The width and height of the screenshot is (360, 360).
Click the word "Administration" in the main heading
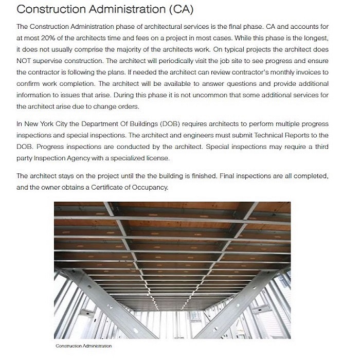(x=124, y=10)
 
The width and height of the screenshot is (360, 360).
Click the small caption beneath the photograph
(x=83, y=346)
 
